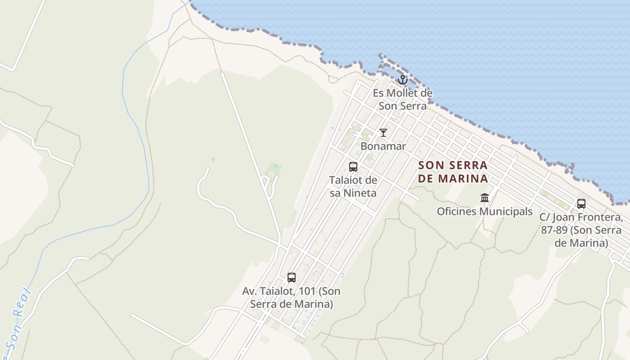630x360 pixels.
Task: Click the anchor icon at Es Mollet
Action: [403, 80]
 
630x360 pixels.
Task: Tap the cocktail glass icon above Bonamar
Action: [383, 132]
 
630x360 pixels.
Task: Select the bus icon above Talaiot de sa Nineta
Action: [353, 167]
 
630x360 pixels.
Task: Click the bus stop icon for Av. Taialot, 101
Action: [292, 278]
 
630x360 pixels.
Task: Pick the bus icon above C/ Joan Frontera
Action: [581, 204]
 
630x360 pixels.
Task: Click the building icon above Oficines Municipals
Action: [485, 198]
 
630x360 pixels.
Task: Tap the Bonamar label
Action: [383, 146]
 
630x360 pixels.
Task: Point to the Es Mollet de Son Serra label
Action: [403, 99]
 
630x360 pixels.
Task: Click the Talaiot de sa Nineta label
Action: [353, 186]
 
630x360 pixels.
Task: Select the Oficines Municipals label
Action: [485, 211]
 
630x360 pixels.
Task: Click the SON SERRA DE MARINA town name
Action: [453, 172]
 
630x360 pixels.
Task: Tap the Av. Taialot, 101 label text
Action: [292, 297]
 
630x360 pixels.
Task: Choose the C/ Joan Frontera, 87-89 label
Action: [581, 230]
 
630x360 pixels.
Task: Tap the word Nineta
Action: [360, 193]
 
